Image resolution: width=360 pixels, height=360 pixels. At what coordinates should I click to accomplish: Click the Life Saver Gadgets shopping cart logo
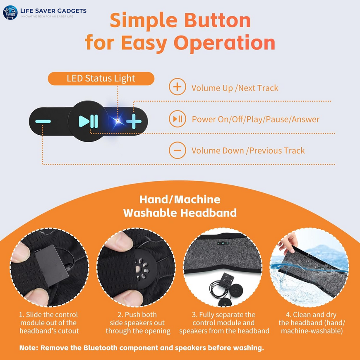10,13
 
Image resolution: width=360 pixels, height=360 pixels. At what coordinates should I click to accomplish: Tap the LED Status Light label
101,78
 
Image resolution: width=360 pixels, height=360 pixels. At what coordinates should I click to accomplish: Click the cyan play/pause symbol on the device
89,122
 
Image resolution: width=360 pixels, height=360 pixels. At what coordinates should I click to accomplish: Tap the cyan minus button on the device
43,122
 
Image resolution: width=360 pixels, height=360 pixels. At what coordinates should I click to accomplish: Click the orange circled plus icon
177,87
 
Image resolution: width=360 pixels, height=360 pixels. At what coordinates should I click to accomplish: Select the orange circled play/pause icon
177,119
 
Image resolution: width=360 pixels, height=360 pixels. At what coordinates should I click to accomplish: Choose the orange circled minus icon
177,150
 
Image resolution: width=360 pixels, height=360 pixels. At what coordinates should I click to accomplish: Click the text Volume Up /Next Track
235,88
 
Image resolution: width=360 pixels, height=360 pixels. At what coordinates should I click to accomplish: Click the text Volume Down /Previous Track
248,151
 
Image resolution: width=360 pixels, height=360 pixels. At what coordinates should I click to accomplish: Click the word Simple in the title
142,21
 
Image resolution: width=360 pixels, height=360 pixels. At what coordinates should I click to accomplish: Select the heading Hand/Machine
180,199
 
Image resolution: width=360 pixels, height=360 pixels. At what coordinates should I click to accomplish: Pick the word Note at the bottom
29,348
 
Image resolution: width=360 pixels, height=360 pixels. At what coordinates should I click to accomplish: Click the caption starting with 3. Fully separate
224,323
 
